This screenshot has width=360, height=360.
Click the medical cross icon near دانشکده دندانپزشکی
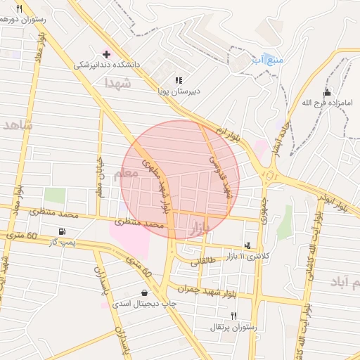coord(106,54)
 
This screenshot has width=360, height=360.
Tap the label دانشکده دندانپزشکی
coord(108,65)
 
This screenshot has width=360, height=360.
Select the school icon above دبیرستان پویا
coord(179,80)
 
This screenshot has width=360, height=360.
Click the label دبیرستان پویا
coord(179,91)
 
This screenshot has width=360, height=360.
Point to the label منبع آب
coord(269,59)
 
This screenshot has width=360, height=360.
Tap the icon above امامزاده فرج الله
coord(326,94)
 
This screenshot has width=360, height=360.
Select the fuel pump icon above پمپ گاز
coord(63,231)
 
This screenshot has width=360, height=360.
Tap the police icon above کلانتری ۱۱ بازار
coord(247,245)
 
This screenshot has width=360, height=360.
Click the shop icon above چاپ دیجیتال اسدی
coord(144,293)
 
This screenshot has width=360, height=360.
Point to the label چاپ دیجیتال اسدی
coord(141,304)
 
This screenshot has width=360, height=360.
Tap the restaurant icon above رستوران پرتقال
coord(233,316)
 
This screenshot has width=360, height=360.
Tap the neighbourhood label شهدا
coord(118,83)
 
